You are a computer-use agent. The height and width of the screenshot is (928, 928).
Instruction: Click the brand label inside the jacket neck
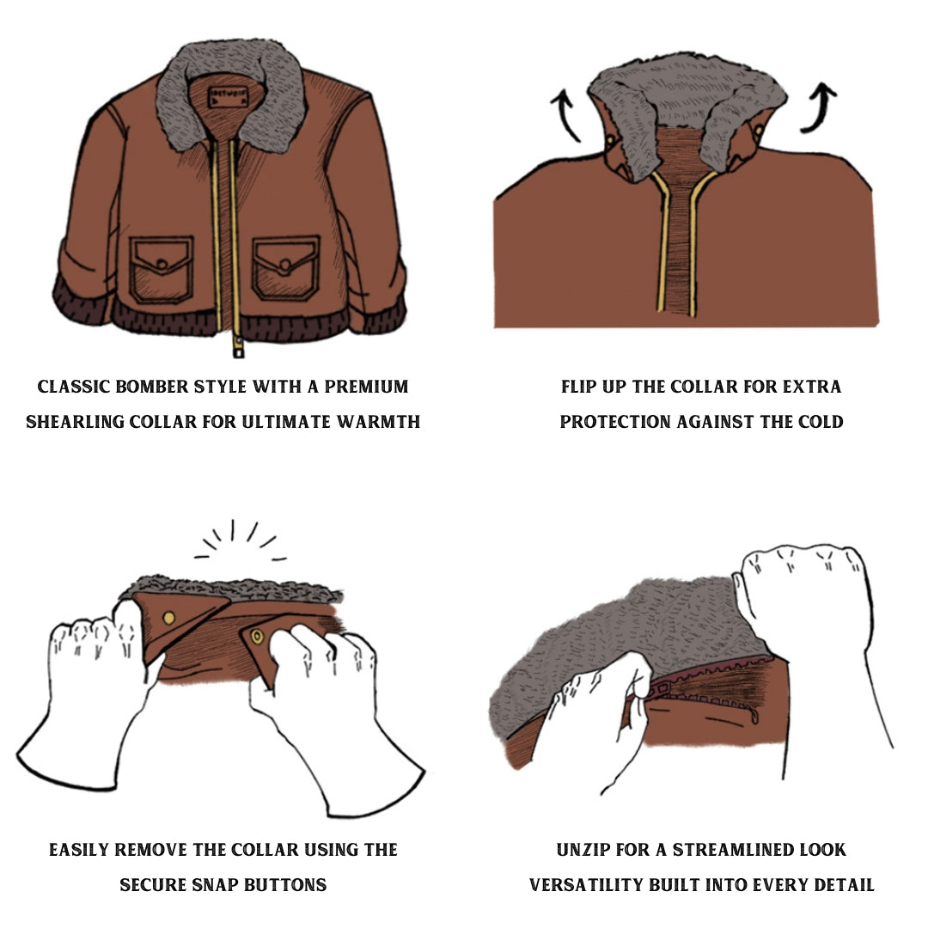[x=227, y=97]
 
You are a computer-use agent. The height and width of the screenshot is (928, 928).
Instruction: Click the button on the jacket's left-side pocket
[x=162, y=263]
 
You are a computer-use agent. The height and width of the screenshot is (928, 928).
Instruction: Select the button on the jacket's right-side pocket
[x=285, y=264]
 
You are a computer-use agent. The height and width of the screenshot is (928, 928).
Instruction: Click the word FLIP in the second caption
[x=579, y=387]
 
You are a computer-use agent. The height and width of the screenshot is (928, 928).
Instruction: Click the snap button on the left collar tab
[x=169, y=618]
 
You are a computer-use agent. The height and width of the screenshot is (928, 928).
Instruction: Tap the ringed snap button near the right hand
[x=258, y=637]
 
